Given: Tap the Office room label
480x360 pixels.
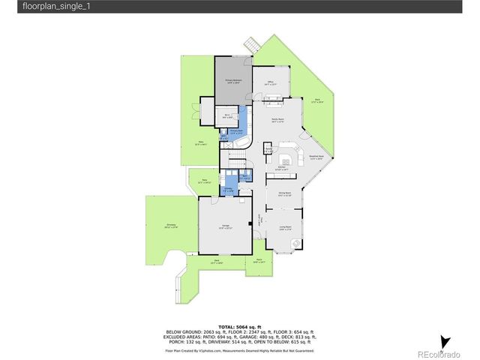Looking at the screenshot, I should tap(271, 83).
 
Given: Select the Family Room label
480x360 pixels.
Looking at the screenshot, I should tap(277, 121).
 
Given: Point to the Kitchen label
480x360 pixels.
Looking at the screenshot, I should tap(282, 170).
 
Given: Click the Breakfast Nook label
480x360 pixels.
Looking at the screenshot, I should tap(316, 157).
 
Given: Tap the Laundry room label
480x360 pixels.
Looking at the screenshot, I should tap(227, 190).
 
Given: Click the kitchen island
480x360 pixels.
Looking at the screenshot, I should tap(286, 160).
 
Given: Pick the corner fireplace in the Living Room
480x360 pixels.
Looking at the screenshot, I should tap(295, 243).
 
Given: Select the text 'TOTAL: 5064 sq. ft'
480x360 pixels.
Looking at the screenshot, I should tap(239, 327).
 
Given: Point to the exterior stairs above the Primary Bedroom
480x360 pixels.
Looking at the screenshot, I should tap(252, 46).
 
